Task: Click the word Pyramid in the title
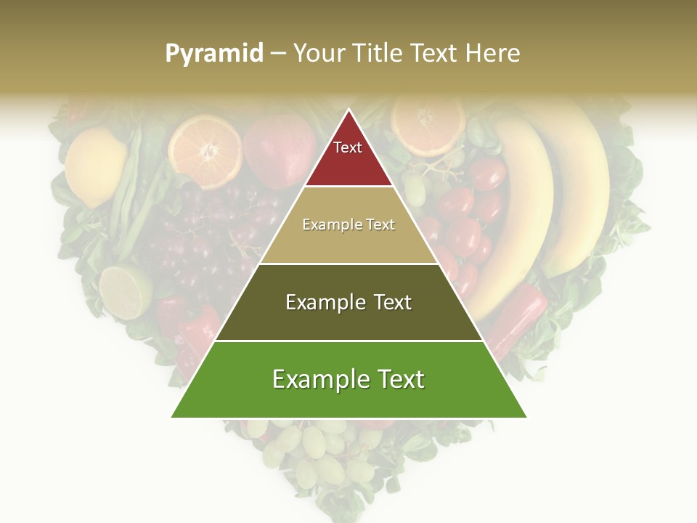point(214,53)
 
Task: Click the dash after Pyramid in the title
point(278,54)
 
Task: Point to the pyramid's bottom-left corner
point(173,417)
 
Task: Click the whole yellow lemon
point(94,163)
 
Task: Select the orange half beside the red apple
point(205,151)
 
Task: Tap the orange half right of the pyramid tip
point(428,120)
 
